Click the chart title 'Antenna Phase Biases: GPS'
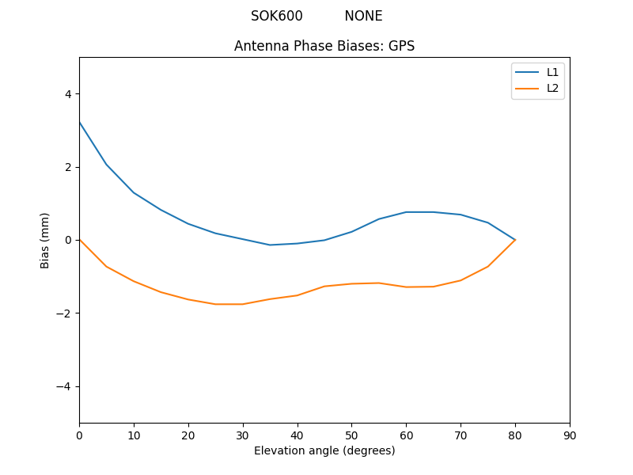tap(324, 46)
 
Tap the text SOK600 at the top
tap(277, 16)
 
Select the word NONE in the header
tap(363, 16)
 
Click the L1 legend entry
tap(552, 72)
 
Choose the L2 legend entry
tap(552, 88)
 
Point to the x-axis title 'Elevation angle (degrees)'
tap(324, 450)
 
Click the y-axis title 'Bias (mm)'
tap(45, 240)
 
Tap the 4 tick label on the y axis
tap(68, 93)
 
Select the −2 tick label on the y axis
tap(65, 313)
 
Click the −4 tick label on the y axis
tap(65, 386)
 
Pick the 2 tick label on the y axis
tap(68, 167)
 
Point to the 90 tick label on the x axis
tap(570, 435)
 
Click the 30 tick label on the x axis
tap(243, 435)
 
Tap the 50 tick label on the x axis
tap(351, 435)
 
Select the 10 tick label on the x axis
tap(134, 435)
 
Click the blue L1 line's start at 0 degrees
tap(79, 122)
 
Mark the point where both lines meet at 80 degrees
tap(515, 240)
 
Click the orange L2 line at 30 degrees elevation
tap(243, 304)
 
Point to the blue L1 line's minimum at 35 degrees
tap(270, 245)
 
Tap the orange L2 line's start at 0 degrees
tap(79, 239)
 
